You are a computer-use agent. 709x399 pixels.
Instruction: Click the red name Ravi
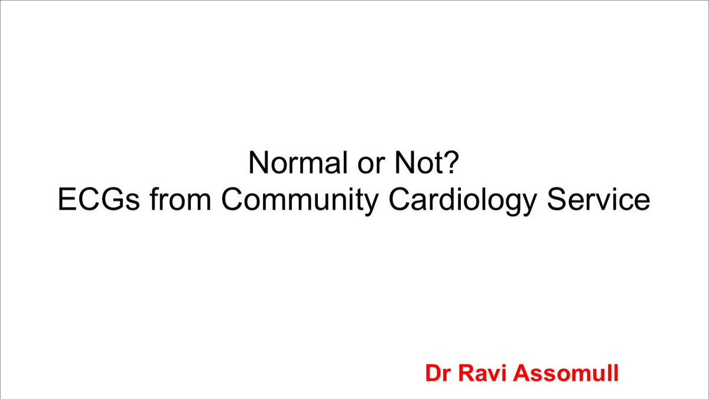click(x=476, y=374)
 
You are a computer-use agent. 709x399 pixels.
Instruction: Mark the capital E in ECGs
click(x=67, y=200)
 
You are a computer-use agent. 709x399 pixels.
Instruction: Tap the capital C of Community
click(x=232, y=200)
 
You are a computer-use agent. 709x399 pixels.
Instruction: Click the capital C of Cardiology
click(x=401, y=200)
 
